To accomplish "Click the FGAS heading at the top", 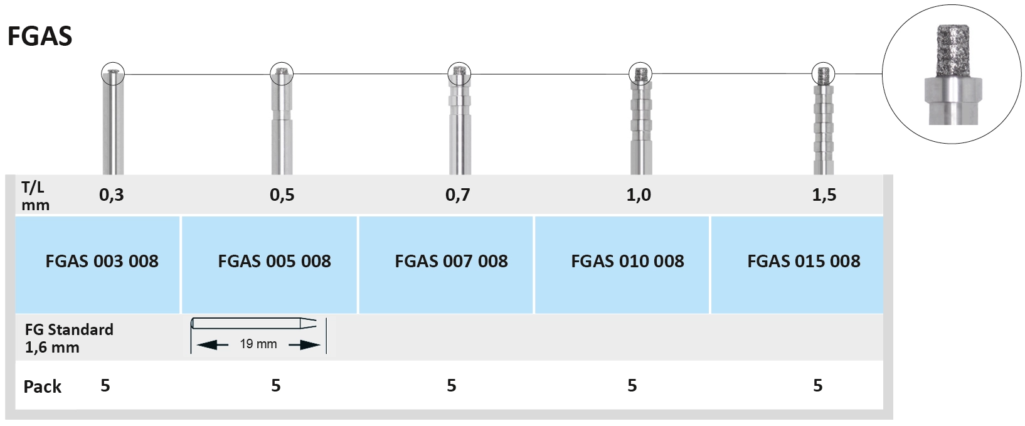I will [x=40, y=36].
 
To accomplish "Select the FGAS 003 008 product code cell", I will [x=102, y=261].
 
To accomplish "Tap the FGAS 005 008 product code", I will [x=274, y=261].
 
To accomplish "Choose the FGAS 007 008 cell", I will [x=451, y=261].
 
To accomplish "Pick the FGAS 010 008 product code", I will [x=627, y=261].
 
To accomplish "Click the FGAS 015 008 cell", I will [x=804, y=261].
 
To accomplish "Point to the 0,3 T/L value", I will [x=112, y=195].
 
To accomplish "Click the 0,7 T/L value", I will [x=457, y=195].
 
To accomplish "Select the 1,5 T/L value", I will [x=824, y=195].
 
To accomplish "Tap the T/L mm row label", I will [x=35, y=196].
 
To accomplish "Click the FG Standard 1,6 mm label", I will [x=69, y=338].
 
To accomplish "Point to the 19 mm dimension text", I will [x=258, y=344].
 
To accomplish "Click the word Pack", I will [x=42, y=386].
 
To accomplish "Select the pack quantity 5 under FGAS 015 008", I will [x=817, y=385].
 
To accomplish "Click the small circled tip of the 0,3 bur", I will [x=113, y=74].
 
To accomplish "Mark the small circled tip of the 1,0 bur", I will [x=640, y=74].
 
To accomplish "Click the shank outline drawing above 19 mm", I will [x=258, y=324].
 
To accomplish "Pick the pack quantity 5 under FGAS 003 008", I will [x=105, y=385].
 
